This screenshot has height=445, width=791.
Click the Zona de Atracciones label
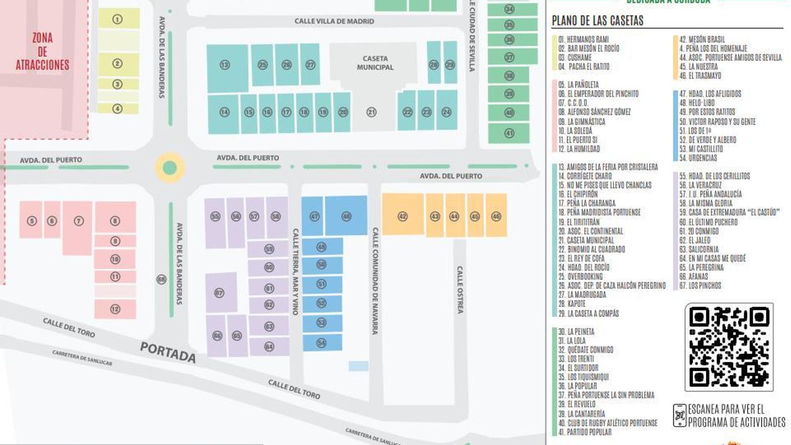(43, 51)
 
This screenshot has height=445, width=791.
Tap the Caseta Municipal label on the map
(375, 63)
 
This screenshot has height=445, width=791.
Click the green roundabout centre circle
(170, 168)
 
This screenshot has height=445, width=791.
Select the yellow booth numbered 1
(118, 19)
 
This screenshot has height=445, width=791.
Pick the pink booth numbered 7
(79, 221)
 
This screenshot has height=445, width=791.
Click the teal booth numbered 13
(225, 65)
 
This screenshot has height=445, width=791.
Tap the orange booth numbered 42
(403, 216)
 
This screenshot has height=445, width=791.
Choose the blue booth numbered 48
(347, 216)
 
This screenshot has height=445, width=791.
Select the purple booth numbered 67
(220, 293)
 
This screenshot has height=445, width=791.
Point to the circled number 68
(161, 279)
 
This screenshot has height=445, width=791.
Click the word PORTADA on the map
(168, 352)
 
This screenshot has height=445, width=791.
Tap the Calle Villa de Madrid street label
(334, 21)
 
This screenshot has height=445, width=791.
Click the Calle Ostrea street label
(460, 290)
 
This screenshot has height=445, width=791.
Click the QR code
(729, 347)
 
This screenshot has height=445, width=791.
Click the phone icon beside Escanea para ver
(680, 415)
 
